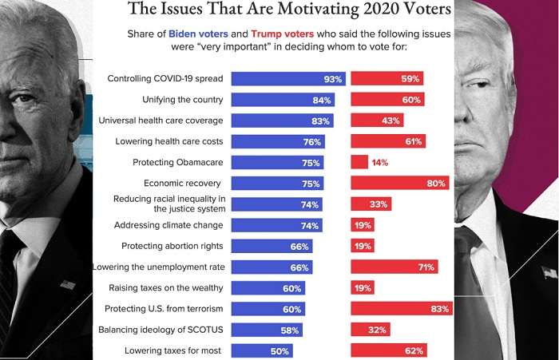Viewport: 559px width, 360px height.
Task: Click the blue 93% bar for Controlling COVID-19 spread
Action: (x=288, y=79)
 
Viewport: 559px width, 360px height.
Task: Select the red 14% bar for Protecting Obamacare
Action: (x=359, y=162)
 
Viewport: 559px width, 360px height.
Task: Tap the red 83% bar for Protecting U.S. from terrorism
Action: (x=402, y=308)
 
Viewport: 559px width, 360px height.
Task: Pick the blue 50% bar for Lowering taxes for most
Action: (x=262, y=350)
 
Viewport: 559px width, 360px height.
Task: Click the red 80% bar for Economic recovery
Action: (x=400, y=183)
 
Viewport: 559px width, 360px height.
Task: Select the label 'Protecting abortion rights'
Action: (x=172, y=246)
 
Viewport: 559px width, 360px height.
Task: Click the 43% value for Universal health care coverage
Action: (x=391, y=121)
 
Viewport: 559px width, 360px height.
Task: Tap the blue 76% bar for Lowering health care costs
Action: (x=278, y=141)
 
